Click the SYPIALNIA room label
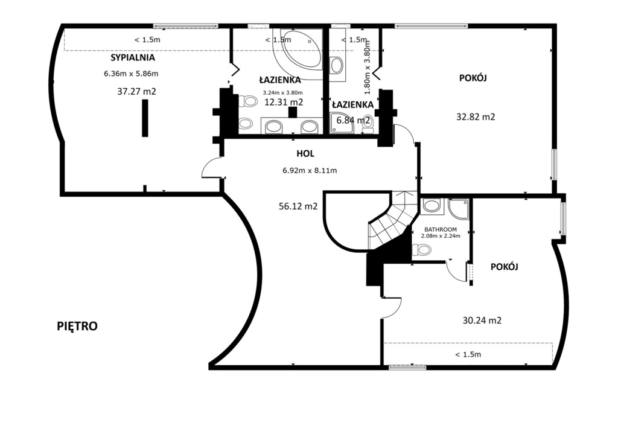click(132, 57)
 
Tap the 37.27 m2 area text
click(136, 91)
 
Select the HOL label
click(305, 154)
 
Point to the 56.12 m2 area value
click(298, 206)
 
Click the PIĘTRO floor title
click(77, 327)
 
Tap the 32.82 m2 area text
click(476, 116)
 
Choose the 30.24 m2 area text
click(482, 321)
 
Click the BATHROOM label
click(441, 229)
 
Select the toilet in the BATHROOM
click(421, 249)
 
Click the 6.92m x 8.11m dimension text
click(310, 171)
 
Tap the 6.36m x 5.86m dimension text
click(131, 73)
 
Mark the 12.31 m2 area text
click(284, 102)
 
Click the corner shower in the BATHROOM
click(459, 209)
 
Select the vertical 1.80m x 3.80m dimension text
click(367, 68)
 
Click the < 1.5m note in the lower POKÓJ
click(468, 354)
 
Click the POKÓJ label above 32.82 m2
click(473, 78)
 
